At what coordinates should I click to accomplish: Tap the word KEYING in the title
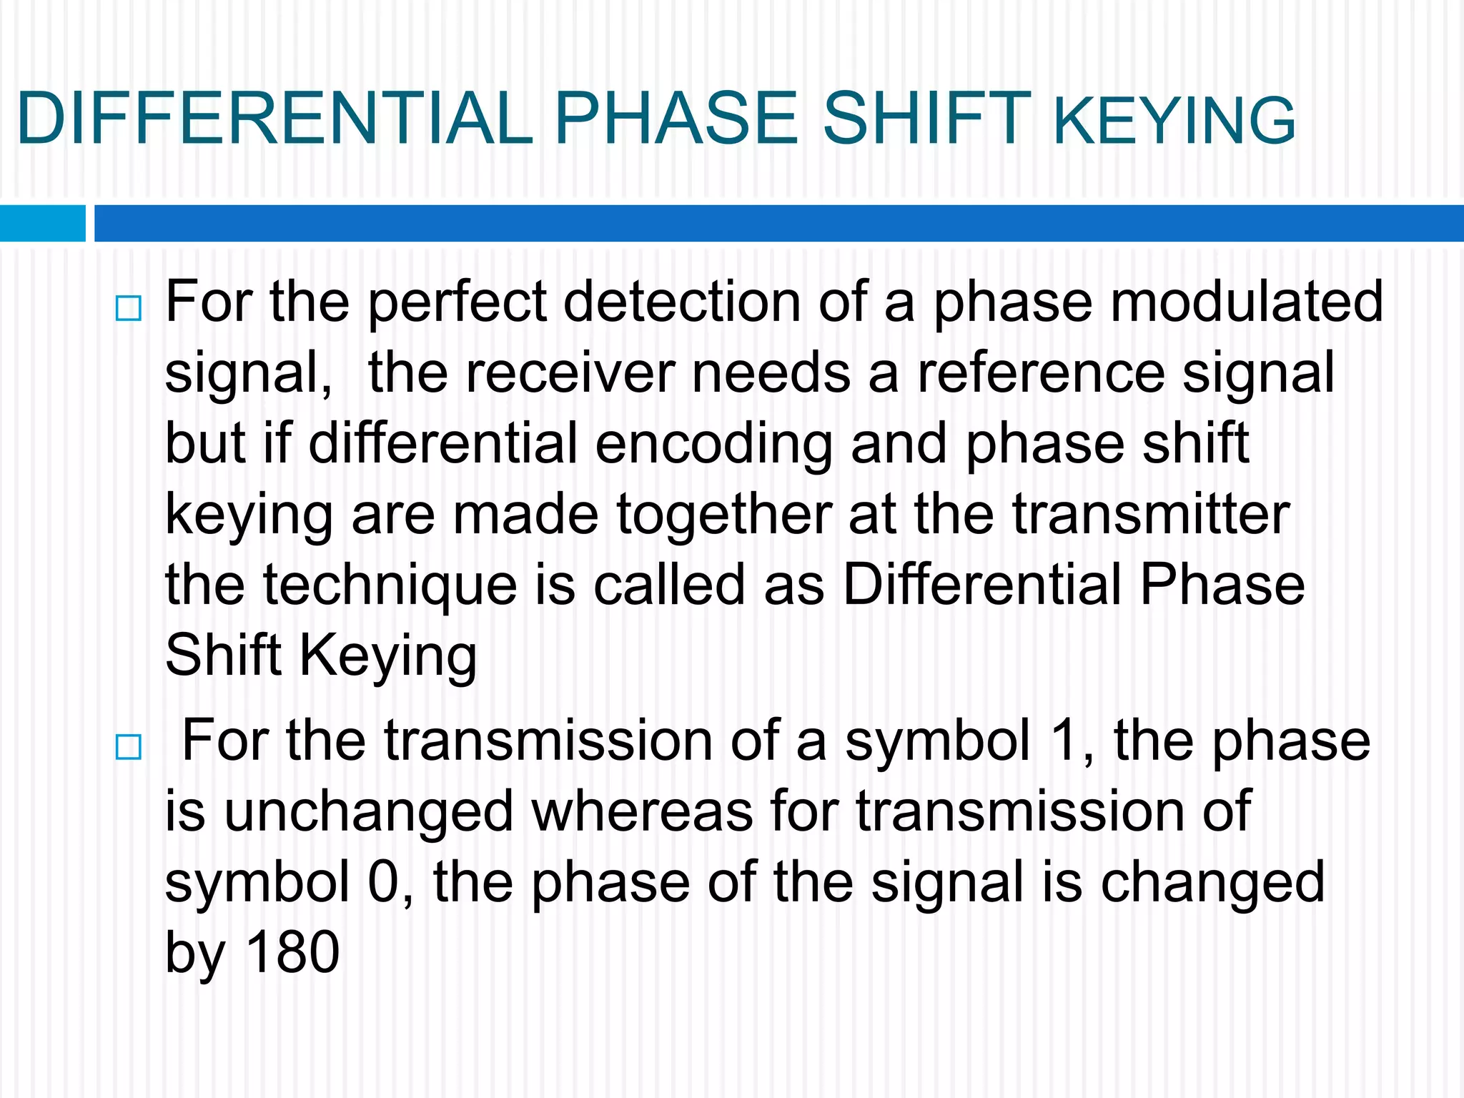(1174, 122)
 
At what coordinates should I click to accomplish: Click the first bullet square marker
(129, 309)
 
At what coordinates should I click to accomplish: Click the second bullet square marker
(129, 748)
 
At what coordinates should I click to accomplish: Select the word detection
(682, 302)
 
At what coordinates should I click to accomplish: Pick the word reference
(1041, 373)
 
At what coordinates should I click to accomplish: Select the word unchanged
(369, 812)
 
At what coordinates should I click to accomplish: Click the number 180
(292, 952)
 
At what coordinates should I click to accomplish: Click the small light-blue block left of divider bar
(43, 223)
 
